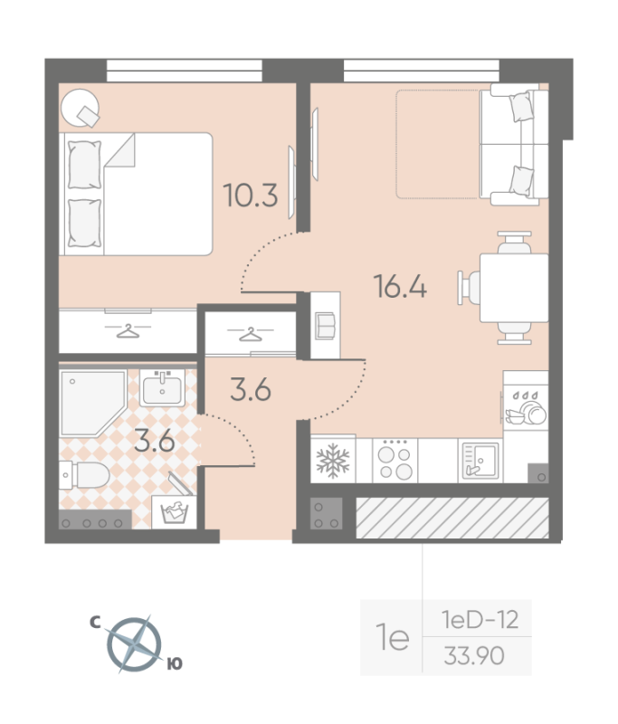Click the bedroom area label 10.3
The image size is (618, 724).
click(x=251, y=195)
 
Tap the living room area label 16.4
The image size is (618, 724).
click(x=400, y=286)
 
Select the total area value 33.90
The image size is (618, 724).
click(x=474, y=655)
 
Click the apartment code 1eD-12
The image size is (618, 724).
click(x=480, y=620)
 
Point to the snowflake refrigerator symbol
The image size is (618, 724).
click(x=333, y=461)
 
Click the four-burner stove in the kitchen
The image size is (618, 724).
click(x=395, y=461)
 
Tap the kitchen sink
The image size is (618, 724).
click(x=480, y=461)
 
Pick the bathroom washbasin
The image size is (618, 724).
click(x=162, y=388)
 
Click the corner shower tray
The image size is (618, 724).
click(x=93, y=402)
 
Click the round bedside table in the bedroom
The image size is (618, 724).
click(x=80, y=107)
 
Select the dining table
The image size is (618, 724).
click(x=514, y=288)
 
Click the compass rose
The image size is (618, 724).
click(x=134, y=644)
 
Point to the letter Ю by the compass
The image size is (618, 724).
click(x=175, y=664)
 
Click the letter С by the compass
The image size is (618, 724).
click(x=95, y=623)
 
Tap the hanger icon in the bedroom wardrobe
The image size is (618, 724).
click(x=128, y=330)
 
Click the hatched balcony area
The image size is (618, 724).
click(x=452, y=518)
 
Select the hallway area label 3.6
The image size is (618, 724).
click(x=250, y=389)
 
